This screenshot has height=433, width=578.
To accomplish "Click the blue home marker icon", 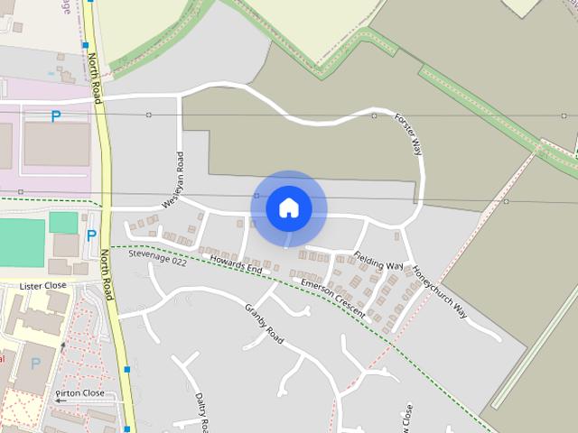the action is pyautogui.click(x=289, y=207).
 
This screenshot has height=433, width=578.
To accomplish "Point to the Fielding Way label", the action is pyautogui.click(x=379, y=262).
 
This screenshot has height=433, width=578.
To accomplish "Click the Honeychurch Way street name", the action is pyautogui.click(x=440, y=290).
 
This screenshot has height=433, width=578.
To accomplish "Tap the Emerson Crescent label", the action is pyautogui.click(x=333, y=295).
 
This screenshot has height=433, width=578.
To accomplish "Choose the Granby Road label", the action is pyautogui.click(x=265, y=325).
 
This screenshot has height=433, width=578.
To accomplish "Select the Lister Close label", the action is pyautogui.click(x=42, y=285).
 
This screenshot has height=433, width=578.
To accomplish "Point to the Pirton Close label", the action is pyautogui.click(x=80, y=393).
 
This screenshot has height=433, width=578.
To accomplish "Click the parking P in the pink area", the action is pyautogui.click(x=56, y=115).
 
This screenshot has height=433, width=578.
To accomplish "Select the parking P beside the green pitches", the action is pyautogui.click(x=90, y=236).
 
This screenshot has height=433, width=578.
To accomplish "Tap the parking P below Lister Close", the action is pyautogui.click(x=35, y=363).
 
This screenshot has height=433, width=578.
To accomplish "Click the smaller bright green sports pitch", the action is pyautogui.click(x=63, y=222).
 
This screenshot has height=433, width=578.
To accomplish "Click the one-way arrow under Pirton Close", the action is pyautogui.click(x=61, y=400).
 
